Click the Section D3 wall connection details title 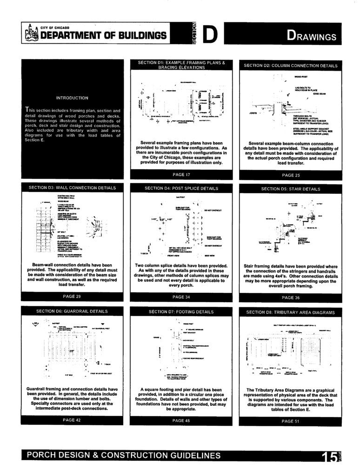(x=72, y=188)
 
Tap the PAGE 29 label (x=72, y=296)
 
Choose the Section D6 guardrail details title (x=72, y=311)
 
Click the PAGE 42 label (x=72, y=419)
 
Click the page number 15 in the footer (x=328, y=457)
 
